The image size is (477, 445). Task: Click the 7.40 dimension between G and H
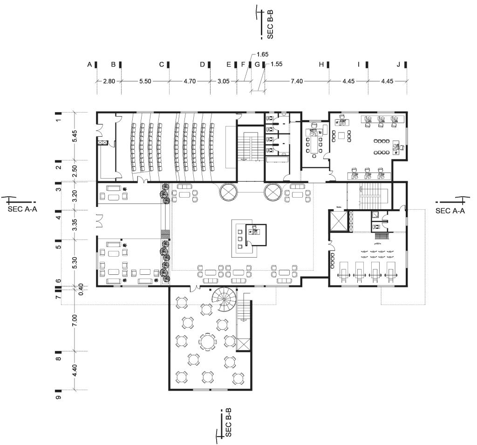(x=297, y=81)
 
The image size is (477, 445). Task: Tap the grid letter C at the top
(x=162, y=64)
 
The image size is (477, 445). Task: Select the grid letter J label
(x=398, y=64)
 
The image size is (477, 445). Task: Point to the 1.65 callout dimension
(x=263, y=54)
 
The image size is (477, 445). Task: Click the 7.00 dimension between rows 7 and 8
(x=75, y=320)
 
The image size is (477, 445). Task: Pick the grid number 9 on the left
(x=58, y=397)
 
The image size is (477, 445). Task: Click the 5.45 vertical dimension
(x=75, y=136)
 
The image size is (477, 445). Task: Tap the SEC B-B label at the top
(x=270, y=24)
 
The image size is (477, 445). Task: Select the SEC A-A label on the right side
(x=450, y=211)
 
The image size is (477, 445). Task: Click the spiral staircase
(x=224, y=299)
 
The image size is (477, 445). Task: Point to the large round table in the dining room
(x=208, y=341)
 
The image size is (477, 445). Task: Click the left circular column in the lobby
(x=228, y=192)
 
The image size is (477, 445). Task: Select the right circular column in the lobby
(x=273, y=192)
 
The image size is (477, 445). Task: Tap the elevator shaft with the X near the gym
(x=338, y=220)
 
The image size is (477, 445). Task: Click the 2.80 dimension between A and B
(x=109, y=81)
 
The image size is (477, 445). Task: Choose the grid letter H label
(x=321, y=64)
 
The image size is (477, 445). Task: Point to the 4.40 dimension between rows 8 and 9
(x=75, y=370)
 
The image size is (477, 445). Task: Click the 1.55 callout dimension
(x=276, y=64)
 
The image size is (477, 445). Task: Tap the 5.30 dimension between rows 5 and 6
(x=75, y=263)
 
